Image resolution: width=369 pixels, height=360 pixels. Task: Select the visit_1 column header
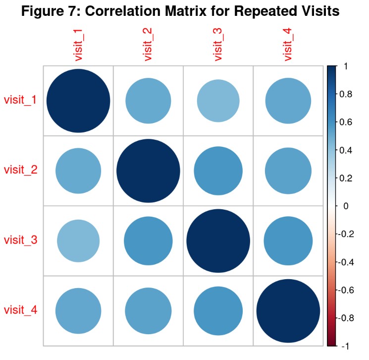[78, 45]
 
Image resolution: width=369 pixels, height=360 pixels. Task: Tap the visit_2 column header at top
[148, 45]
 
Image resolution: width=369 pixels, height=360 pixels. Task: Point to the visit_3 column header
[218, 45]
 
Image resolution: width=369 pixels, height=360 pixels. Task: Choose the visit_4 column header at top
[288, 45]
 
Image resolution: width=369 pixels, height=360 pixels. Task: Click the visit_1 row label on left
[20, 100]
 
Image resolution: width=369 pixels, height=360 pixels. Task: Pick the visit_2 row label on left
[20, 170]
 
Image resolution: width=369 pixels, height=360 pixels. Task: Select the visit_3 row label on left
[20, 240]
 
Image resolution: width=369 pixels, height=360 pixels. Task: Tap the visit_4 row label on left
[20, 310]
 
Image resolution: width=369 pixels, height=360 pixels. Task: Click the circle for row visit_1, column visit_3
[218, 101]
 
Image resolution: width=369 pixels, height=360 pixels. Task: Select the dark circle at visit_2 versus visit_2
[148, 171]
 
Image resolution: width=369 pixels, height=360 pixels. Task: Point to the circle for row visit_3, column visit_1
[78, 241]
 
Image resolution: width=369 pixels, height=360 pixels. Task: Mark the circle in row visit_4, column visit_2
[148, 311]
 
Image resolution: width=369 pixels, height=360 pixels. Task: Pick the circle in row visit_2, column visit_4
[288, 171]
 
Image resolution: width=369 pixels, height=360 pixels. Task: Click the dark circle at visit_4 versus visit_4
[288, 311]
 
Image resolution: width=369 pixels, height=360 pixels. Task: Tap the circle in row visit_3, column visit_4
[288, 241]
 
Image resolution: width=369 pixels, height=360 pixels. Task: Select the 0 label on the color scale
[345, 206]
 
